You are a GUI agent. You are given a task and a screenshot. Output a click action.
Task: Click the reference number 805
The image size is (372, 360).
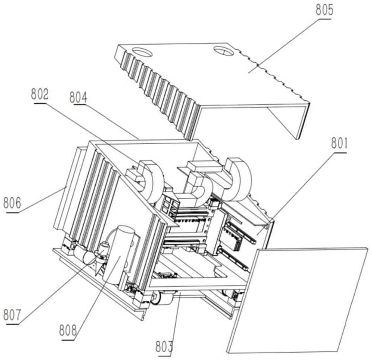point(324,10)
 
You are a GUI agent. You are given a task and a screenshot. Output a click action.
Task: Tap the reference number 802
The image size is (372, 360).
point(40,94)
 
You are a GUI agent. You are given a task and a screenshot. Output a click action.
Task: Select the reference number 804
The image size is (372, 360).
point(78,97)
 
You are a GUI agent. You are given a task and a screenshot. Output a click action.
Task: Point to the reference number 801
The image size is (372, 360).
point(339,143)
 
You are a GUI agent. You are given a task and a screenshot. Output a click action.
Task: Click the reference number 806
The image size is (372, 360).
point(12,203)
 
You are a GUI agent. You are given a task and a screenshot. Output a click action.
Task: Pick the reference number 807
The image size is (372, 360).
point(12,315)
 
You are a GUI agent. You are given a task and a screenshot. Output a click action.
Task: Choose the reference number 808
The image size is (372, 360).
point(68,330)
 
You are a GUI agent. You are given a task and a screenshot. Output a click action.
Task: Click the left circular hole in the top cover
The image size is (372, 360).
point(142,52)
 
